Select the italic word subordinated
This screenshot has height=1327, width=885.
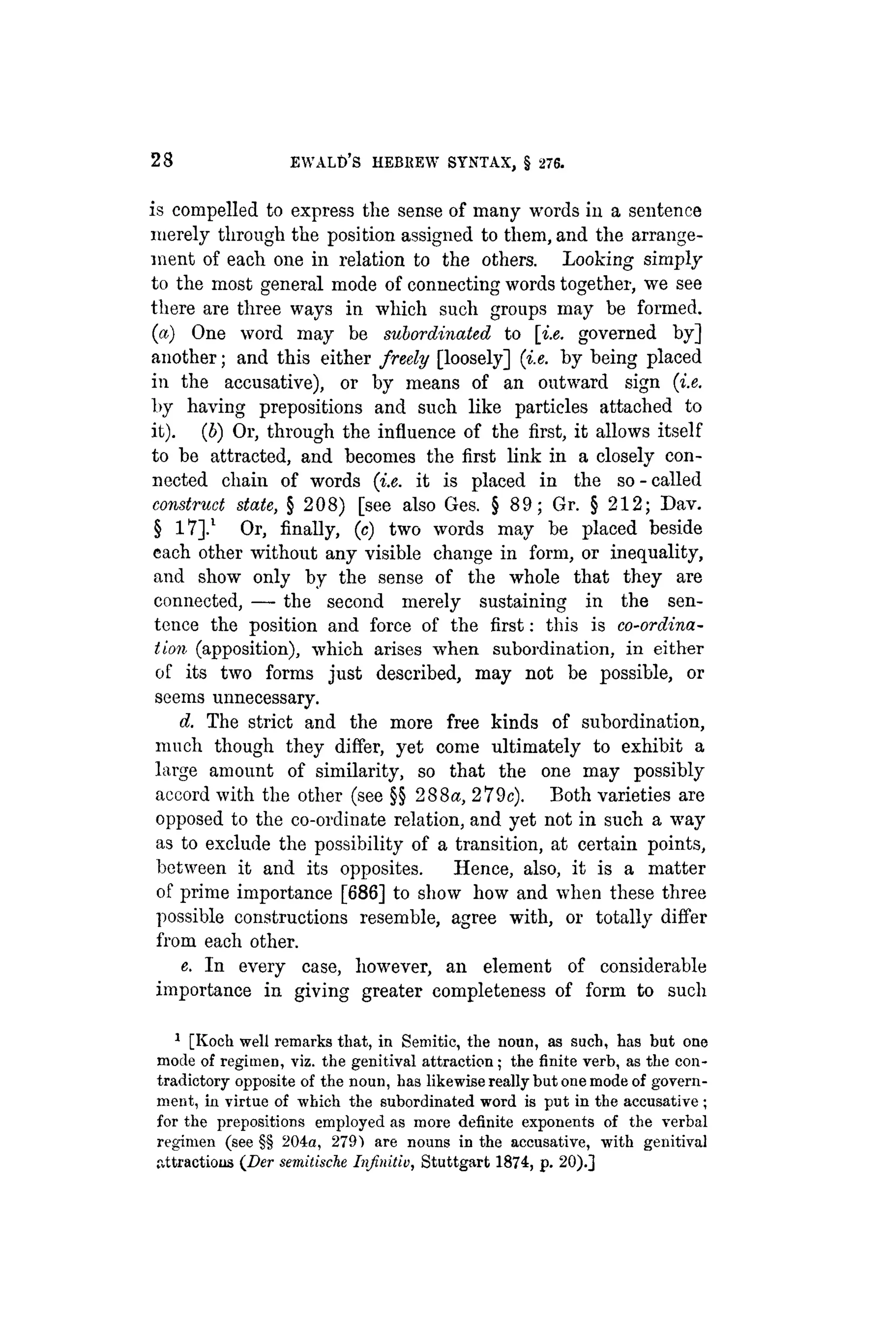pyautogui.click(x=437, y=333)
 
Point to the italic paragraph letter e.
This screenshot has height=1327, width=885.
pyautogui.click(x=185, y=966)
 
